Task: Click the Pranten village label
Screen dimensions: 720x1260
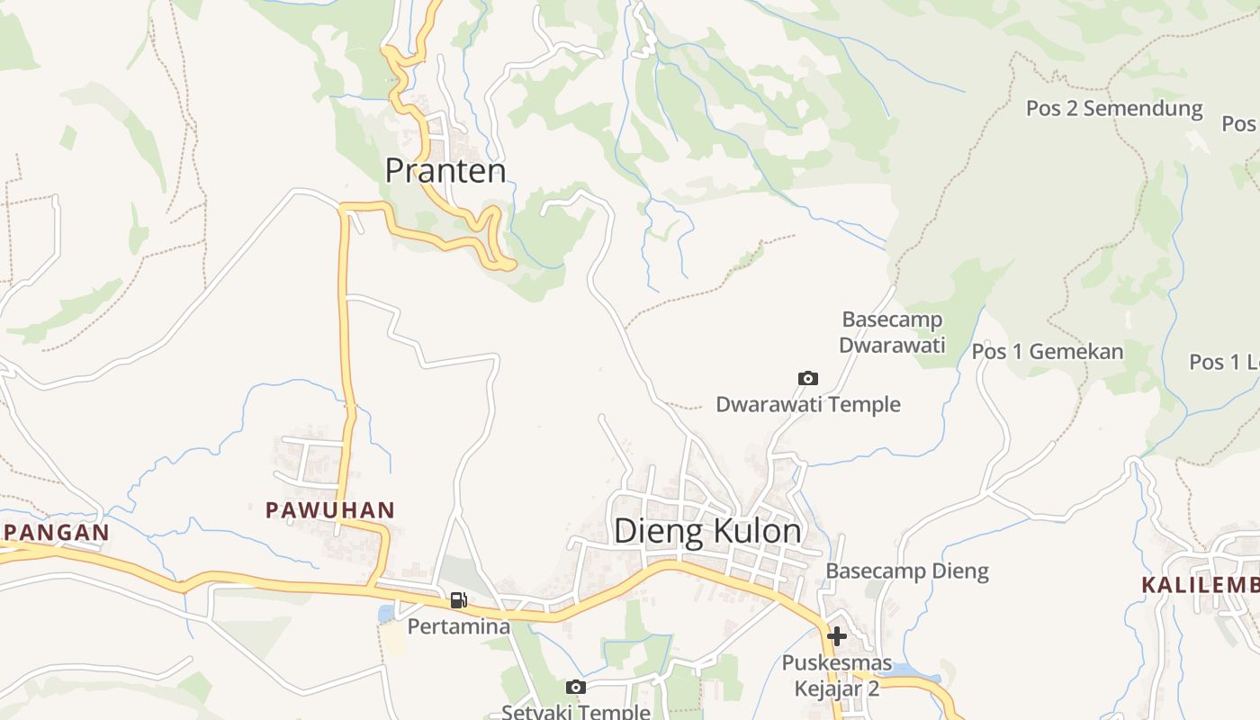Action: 445,170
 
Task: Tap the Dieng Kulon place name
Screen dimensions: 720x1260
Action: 707,531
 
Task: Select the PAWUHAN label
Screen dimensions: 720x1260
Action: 329,510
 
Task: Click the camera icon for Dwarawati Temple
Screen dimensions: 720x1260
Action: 808,379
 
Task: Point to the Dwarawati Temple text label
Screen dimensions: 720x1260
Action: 808,404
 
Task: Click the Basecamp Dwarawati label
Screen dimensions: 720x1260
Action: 892,332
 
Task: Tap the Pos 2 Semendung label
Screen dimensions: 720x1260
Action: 1114,109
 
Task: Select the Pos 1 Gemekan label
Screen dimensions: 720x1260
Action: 1048,351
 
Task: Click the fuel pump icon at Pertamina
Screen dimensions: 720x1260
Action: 459,599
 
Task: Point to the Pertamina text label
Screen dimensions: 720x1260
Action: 459,625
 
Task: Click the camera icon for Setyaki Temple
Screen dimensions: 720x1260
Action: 576,688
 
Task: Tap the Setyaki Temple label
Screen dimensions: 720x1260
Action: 576,712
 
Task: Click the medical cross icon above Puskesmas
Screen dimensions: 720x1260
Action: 837,636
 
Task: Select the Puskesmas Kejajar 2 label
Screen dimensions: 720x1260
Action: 837,676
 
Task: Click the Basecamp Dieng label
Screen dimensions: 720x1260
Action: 907,571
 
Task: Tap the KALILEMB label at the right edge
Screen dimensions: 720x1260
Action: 1201,585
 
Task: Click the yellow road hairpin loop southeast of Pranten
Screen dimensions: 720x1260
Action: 492,238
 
